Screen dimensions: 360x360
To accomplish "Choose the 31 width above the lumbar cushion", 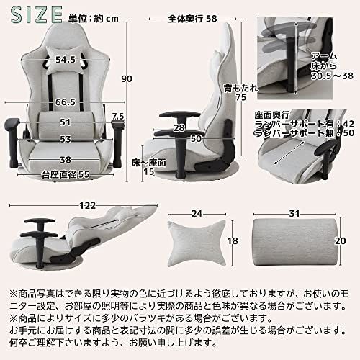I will (x=296, y=212).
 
